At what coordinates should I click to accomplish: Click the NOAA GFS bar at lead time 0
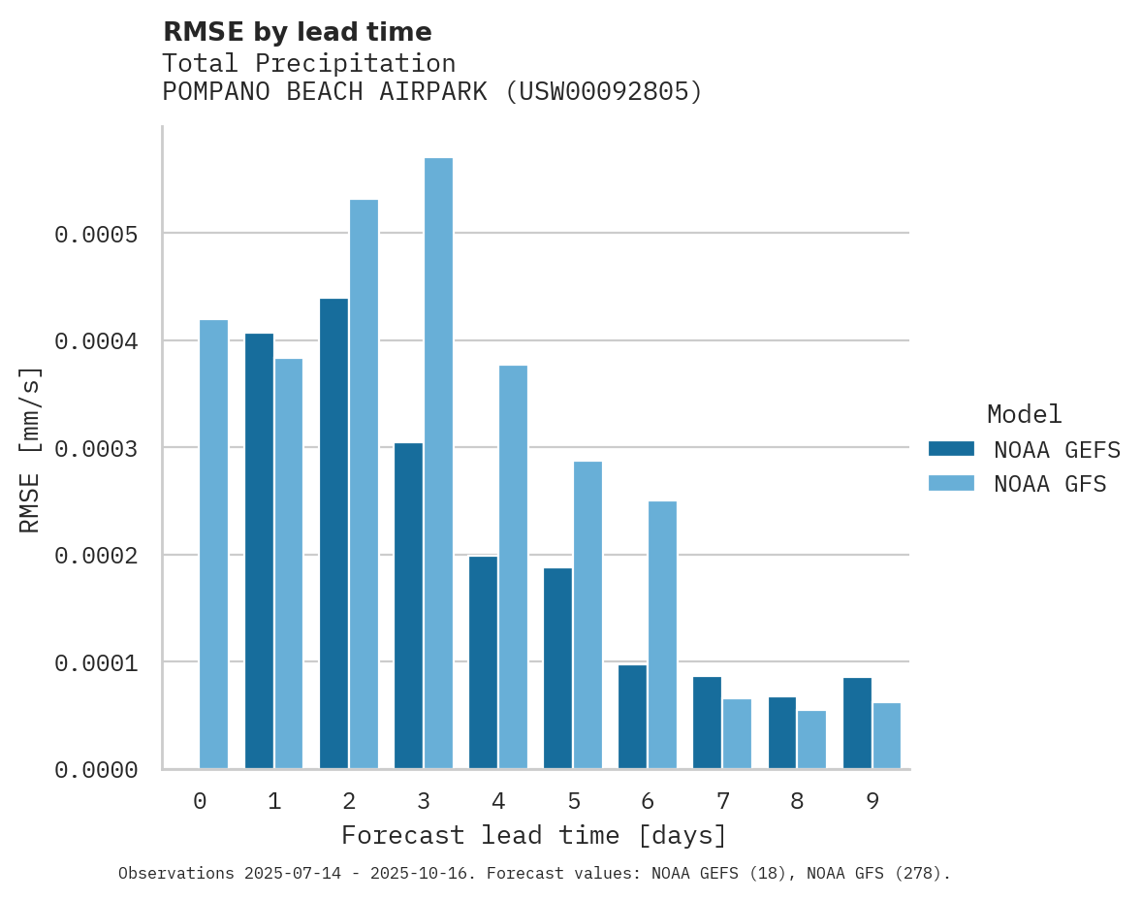tap(213, 544)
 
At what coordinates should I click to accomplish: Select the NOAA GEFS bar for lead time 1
tap(259, 551)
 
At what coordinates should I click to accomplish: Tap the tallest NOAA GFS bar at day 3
tap(438, 464)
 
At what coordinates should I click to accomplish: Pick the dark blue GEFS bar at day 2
tap(333, 533)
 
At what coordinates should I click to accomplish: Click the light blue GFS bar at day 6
tap(662, 635)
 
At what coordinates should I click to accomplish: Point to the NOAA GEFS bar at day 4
tap(483, 662)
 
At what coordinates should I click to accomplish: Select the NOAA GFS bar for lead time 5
tap(587, 615)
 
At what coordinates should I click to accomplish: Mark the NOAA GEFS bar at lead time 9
tap(857, 723)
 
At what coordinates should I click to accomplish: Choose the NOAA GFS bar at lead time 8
tap(811, 740)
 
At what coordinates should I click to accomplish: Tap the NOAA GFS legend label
tap(1049, 483)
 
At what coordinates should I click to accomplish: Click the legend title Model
tap(1024, 414)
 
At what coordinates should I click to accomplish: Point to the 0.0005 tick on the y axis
tap(97, 235)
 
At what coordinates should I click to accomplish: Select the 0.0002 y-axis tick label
tap(97, 556)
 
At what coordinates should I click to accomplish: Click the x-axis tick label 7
tap(723, 801)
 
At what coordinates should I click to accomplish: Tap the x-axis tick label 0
tap(200, 801)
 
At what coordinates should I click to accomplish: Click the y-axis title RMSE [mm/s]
tap(30, 449)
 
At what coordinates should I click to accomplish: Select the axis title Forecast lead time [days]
tap(534, 835)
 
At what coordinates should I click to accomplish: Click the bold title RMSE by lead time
tap(297, 32)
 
